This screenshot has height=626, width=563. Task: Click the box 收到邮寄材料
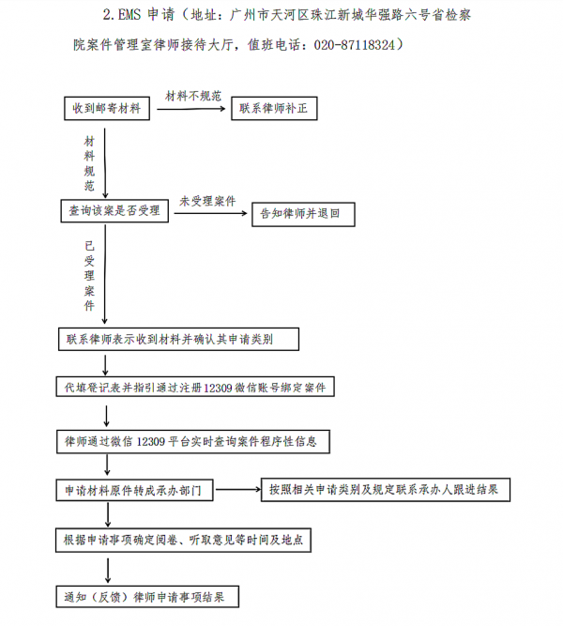(107, 108)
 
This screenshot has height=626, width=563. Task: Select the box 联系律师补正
(274, 108)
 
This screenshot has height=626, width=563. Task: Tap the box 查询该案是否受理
(114, 211)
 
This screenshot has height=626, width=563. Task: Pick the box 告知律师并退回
(303, 214)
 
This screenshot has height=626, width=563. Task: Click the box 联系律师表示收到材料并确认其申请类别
(178, 340)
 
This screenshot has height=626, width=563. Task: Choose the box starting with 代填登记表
(195, 387)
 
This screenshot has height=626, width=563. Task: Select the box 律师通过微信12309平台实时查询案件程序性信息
(193, 441)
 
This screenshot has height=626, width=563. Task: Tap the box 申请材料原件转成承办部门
(134, 490)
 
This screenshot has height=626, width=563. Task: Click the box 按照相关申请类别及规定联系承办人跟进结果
(386, 490)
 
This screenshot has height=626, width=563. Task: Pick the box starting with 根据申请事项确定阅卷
(183, 541)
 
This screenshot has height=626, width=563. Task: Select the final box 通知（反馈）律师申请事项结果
(147, 597)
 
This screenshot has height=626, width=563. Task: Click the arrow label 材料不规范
(193, 96)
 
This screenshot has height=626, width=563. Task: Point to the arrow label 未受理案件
(207, 201)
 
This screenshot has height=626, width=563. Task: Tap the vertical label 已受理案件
(89, 276)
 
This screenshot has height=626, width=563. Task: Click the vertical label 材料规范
(89, 163)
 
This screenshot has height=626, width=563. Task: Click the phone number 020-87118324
(354, 45)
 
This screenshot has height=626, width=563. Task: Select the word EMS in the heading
(129, 15)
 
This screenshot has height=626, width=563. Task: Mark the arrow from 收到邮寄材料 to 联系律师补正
(191, 109)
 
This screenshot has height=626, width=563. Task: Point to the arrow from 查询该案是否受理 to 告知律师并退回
(211, 214)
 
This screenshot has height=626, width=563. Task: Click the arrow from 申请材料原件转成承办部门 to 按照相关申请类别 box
(238, 489)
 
